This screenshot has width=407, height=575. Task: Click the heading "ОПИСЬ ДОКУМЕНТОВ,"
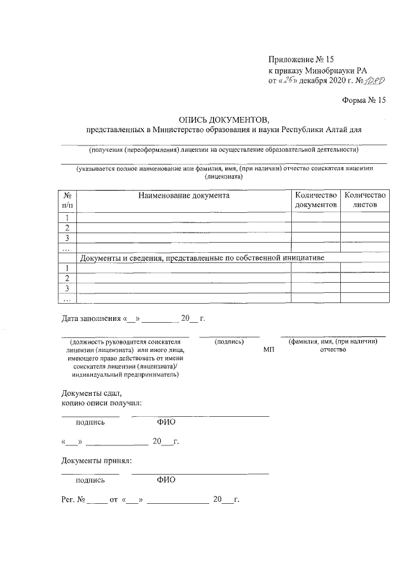coord(224,118)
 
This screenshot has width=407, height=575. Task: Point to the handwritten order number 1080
coord(373,81)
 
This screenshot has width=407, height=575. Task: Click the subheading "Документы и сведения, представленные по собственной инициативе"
coord(202,258)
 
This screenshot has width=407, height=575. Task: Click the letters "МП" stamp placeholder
coord(269,350)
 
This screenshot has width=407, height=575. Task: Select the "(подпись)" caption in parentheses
coord(230,342)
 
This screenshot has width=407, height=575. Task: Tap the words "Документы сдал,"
coord(91,393)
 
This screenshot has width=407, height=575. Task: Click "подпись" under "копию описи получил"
coord(90,422)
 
